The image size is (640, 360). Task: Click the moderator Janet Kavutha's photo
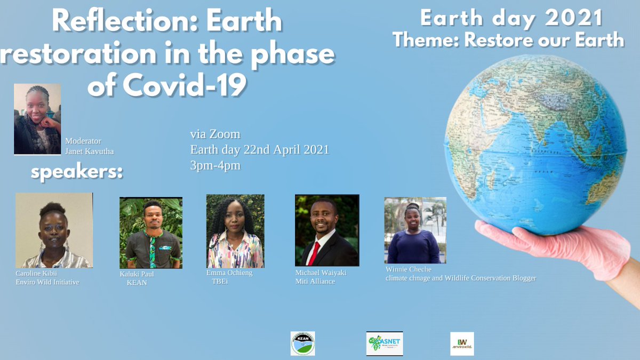pos(37,119)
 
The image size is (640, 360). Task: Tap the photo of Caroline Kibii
pos(54,230)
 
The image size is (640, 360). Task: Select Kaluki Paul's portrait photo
pos(151,233)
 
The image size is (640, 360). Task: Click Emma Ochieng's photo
pos(235,231)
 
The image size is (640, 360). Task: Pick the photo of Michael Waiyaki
pos(327,230)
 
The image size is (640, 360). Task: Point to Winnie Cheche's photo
pos(415,230)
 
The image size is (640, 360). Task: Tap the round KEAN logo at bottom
pos(302,343)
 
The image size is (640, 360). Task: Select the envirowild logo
pos(462,343)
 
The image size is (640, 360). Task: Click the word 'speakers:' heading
pos(77,173)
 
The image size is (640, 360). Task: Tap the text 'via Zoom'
pos(215,134)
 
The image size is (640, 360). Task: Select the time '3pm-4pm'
pos(215,165)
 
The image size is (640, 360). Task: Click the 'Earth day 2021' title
pos(511,19)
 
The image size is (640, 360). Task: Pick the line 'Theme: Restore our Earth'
pos(508,39)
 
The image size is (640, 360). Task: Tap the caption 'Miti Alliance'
pos(315,281)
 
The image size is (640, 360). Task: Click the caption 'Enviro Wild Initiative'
pos(47,282)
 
